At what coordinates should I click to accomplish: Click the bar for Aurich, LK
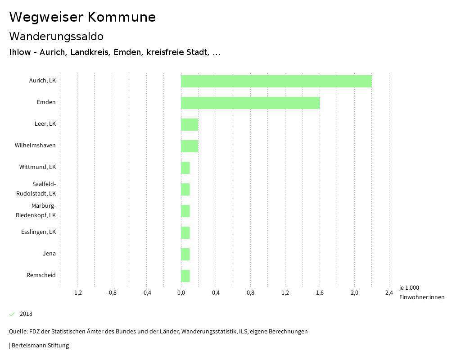click(276, 81)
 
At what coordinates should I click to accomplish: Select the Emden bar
click(250, 103)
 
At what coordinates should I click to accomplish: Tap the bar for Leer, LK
click(190, 124)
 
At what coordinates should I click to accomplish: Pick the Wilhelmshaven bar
click(190, 146)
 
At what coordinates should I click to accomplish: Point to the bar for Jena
click(185, 254)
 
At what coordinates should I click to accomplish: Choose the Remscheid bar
click(185, 276)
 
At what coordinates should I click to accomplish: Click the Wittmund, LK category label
click(37, 167)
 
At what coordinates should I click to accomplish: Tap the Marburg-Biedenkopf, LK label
click(36, 210)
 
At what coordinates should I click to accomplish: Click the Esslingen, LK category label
click(38, 232)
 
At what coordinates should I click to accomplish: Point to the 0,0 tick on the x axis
click(181, 293)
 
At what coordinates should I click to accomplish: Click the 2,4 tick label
click(389, 293)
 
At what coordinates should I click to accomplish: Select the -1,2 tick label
click(77, 293)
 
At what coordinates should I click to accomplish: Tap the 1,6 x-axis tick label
click(320, 293)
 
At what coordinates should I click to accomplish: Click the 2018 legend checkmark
click(12, 314)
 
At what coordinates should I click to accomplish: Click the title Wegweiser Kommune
click(82, 17)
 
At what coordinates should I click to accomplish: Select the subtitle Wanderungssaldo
click(56, 36)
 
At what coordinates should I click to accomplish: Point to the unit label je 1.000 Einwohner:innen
click(421, 292)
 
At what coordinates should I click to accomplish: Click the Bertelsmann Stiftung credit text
click(40, 346)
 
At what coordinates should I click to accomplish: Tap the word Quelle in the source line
click(18, 332)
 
